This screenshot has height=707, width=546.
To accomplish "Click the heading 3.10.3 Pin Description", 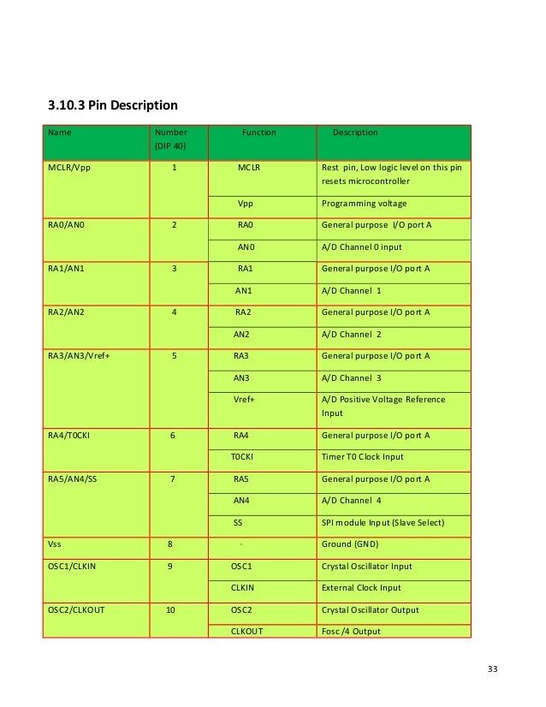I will tap(112, 106).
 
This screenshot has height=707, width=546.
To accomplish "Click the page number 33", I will tap(491, 668).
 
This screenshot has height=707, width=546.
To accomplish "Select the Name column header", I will tap(60, 133).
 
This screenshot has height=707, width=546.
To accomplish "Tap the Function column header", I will tap(258, 133).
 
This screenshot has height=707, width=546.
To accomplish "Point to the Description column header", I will tap(355, 133).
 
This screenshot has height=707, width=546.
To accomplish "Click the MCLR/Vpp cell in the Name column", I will tap(68, 168).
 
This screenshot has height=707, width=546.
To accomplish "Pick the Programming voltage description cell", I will tap(364, 204).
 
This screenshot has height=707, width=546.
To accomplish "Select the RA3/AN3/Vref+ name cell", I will tap(85, 355).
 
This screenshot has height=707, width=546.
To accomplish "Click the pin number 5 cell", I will tap(175, 355).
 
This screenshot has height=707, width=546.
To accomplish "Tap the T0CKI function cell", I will tap(243, 457).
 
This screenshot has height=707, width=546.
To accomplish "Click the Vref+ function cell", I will tap(245, 400).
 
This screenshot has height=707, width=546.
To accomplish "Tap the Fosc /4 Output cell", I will tap(351, 632).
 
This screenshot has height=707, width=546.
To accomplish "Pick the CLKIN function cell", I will tap(244, 588).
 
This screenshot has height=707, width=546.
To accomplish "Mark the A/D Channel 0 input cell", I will tap(361, 247).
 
